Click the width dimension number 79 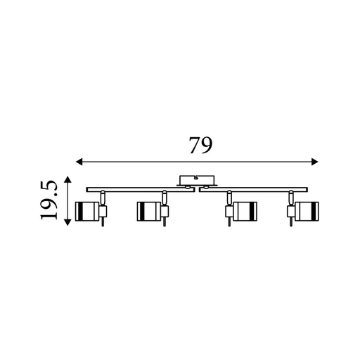point(200,145)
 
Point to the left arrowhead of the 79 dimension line point(79,162)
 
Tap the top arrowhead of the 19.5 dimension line point(67,179)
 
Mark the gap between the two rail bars point(198,188)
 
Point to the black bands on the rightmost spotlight point(308,210)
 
